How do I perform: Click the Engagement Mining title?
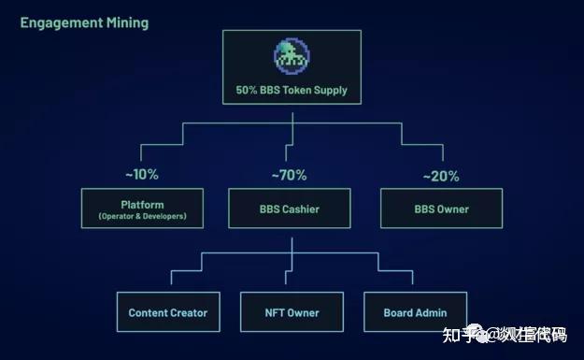point(84,22)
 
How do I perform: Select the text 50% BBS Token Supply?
point(292,92)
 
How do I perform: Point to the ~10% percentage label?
point(141,174)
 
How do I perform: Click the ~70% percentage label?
point(289,175)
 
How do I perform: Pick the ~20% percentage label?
point(441,175)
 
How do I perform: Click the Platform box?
point(142,209)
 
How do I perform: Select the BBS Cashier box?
point(290,209)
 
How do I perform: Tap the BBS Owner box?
point(441,209)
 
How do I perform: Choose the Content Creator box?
point(168,312)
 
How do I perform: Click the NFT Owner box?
point(292,312)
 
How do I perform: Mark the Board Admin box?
point(415,312)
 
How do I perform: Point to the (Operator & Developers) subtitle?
point(142,216)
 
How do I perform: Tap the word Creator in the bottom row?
point(189,312)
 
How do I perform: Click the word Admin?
point(431,312)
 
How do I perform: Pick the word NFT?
point(274,312)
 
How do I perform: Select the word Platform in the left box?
point(142,204)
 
